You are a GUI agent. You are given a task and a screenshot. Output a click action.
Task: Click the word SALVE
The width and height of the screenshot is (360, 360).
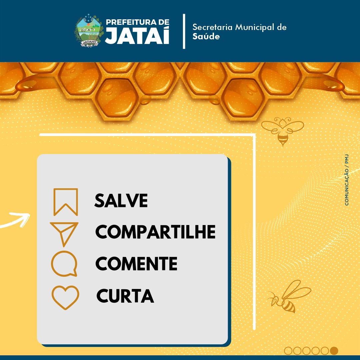point(121,200)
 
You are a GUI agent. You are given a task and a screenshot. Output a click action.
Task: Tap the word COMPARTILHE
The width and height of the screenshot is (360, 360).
point(155,232)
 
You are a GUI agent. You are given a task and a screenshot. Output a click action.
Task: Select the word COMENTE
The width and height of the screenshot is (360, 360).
point(136,264)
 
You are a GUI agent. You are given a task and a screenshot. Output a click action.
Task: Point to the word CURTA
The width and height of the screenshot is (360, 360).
point(125,296)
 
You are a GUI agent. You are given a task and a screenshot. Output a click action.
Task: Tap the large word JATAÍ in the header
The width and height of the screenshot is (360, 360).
point(137,35)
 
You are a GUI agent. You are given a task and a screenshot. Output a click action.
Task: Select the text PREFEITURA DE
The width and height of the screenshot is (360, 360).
point(138,22)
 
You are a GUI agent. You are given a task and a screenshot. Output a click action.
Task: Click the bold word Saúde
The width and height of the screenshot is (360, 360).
point(206,36)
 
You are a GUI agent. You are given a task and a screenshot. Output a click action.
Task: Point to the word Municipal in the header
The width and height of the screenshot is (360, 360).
point(255,28)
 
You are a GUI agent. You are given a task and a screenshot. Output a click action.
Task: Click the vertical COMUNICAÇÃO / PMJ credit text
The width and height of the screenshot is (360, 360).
point(347,180)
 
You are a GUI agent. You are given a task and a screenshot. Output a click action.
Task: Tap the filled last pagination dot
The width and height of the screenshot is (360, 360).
point(334,351)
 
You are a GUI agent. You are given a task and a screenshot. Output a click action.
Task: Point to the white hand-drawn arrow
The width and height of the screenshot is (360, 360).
point(16,220)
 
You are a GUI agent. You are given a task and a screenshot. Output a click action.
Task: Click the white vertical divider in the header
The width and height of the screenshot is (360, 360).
point(184,31)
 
